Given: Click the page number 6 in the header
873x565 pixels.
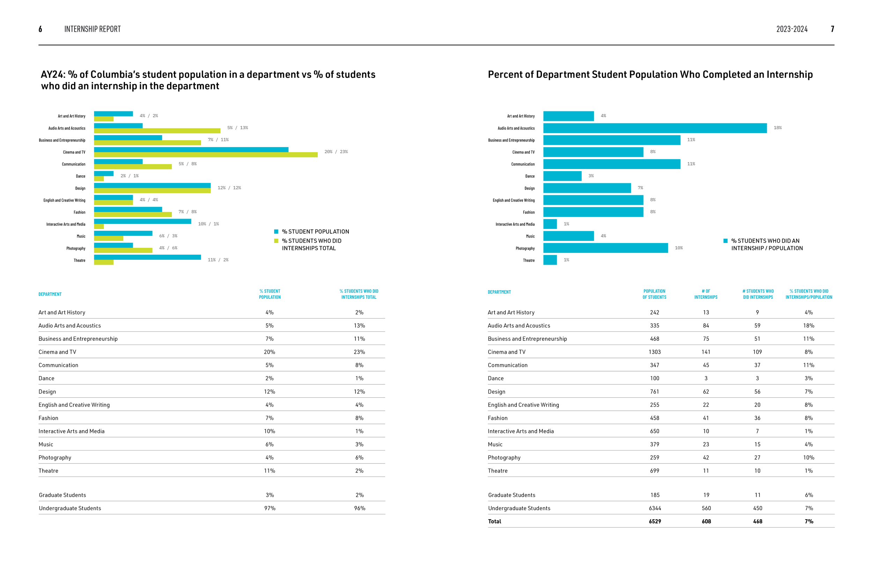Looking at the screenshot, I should point(41,29).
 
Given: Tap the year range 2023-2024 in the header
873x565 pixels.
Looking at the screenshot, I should point(792,29).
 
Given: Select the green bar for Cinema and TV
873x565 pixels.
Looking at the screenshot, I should point(205,155).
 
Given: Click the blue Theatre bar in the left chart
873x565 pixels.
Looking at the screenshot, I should point(147,257).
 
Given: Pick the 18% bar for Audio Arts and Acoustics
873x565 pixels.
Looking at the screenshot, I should point(655,128).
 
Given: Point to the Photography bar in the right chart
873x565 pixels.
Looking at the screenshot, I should point(605,248).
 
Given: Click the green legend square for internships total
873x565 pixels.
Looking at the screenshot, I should point(276,241).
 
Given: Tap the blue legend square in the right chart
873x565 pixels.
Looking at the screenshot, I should point(725,241).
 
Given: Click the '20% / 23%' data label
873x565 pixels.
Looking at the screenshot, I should point(336,152).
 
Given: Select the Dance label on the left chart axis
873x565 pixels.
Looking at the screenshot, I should point(80,176).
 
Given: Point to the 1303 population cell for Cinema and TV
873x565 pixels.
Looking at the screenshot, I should point(654,352).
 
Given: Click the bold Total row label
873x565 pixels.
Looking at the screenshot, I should point(494,521).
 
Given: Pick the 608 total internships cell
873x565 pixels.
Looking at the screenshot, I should point(706,521).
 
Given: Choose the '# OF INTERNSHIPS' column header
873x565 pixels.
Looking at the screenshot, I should point(706,294).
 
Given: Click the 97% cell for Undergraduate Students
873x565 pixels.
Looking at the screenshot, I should point(270,508).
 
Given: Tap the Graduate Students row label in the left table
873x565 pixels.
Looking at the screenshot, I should point(63,495).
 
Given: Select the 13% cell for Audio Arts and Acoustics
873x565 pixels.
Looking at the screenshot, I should point(359,326).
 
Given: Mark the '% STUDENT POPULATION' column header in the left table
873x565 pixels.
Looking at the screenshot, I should point(270,294).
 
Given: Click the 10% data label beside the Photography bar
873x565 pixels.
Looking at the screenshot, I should point(678,248).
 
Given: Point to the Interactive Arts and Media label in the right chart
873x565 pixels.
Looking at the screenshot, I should point(515,224).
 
